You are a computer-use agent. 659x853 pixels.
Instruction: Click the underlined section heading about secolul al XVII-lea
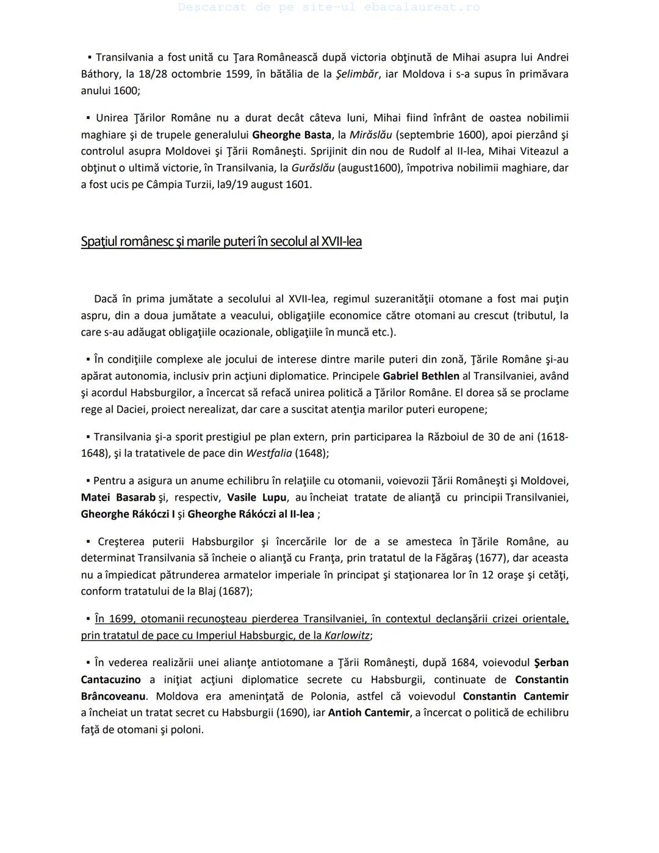(x=221, y=242)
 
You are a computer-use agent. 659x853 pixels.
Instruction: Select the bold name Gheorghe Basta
(x=291, y=135)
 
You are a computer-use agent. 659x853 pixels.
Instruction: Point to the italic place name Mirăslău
(x=370, y=135)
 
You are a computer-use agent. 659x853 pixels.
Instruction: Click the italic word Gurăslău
(x=312, y=168)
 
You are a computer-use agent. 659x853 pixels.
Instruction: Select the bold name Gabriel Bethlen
(x=421, y=376)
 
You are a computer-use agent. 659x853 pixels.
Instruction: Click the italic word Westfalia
(x=268, y=454)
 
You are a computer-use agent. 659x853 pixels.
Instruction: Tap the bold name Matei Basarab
(x=118, y=498)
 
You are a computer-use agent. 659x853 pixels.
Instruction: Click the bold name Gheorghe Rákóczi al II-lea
(x=251, y=514)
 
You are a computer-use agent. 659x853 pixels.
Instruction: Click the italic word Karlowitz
(x=347, y=636)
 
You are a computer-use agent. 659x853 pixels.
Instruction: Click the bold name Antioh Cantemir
(x=369, y=713)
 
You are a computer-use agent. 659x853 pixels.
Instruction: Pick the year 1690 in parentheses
(x=293, y=713)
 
